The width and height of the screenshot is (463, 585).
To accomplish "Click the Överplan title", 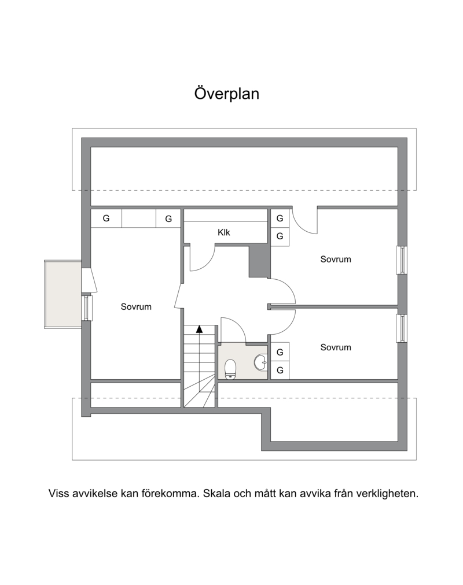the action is click(227, 94).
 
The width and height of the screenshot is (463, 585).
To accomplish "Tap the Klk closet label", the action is click(223, 232).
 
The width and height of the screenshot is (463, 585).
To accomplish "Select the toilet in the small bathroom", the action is click(230, 369).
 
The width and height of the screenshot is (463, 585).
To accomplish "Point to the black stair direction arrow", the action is click(200, 329).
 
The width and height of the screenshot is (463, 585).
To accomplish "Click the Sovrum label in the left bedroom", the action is click(136, 307).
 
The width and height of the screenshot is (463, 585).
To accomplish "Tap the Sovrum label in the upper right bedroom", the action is click(336, 260).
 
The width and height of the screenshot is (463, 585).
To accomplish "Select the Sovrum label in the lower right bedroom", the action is click(336, 347).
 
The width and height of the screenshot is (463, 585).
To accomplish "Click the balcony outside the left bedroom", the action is click(63, 294).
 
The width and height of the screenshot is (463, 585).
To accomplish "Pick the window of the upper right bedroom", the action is click(402, 260).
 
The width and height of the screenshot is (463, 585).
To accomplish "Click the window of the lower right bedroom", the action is click(402, 328).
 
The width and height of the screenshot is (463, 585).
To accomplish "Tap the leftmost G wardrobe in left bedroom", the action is click(106, 219).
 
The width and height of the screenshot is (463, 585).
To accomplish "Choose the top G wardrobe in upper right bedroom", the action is click(280, 219).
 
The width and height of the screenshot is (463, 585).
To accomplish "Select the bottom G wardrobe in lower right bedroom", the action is click(280, 371).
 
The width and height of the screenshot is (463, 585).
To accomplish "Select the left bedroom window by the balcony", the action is click(87, 308).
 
